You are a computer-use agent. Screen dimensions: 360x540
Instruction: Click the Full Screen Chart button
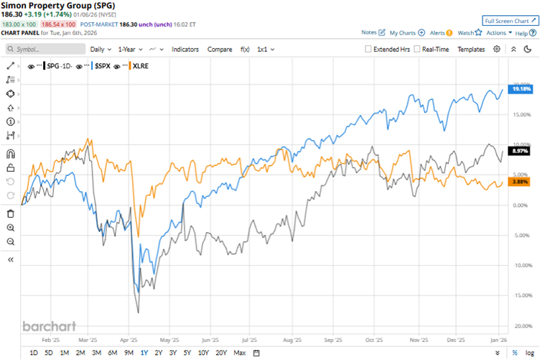click(510, 21)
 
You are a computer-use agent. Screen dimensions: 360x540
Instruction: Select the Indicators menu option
click(186, 49)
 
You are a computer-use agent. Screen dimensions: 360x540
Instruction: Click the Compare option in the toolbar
click(220, 49)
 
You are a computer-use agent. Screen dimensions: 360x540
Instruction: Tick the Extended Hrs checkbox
click(368, 49)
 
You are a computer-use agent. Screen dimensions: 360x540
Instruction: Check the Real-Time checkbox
click(417, 49)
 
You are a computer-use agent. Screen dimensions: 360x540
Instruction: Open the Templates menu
click(471, 49)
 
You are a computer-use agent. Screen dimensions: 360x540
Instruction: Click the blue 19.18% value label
click(520, 88)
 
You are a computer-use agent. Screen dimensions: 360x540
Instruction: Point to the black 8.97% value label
click(520, 151)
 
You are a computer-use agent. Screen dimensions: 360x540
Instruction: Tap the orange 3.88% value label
click(520, 183)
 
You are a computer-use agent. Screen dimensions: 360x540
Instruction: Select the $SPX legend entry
click(103, 65)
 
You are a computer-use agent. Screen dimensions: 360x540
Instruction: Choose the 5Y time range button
click(186, 352)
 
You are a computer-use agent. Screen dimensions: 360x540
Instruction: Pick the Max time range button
click(239, 352)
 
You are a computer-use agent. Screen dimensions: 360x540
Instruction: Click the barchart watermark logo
click(50, 326)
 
